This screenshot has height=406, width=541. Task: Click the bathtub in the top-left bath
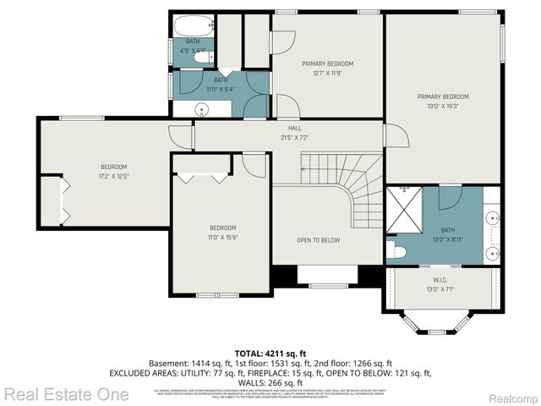193,25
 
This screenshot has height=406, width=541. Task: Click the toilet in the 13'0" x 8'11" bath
398,252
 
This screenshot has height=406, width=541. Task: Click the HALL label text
295,128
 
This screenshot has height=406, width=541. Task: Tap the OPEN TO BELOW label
318,240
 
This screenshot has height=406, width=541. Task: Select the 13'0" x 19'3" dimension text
442,106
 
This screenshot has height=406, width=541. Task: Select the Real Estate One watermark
66,394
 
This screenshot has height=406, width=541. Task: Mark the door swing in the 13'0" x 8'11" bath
449,197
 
